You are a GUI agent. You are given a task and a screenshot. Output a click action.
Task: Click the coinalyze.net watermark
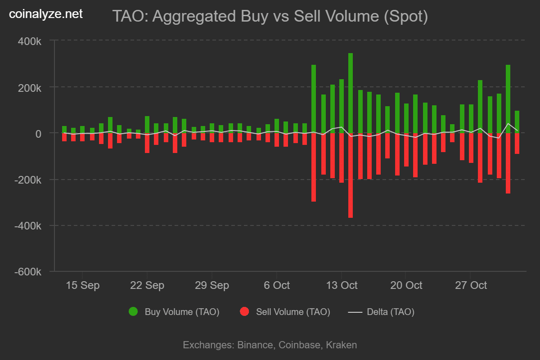pos(46,14)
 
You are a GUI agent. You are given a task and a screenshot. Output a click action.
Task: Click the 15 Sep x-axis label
pos(82,285)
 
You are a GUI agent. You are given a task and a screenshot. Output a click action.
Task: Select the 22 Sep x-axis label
pos(147,285)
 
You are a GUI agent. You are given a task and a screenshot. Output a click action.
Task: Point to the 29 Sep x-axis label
pos(212,285)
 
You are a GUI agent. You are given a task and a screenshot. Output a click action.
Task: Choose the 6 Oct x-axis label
pos(276,285)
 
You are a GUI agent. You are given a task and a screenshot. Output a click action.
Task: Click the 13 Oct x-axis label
pos(341,285)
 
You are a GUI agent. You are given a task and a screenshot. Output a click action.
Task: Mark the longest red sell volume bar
pos(351,175)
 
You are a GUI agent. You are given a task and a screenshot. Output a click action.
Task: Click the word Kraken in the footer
pos(341,345)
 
